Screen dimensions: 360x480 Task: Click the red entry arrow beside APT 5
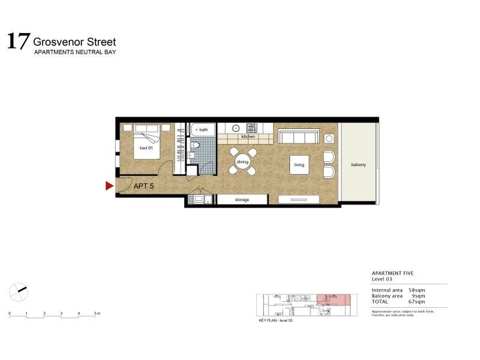pos(109,186)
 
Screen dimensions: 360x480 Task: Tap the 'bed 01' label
pos(146,148)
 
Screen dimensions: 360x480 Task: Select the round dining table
pos(242,162)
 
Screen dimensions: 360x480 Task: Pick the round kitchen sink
pos(236,128)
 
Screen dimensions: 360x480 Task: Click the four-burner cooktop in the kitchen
pos(252,128)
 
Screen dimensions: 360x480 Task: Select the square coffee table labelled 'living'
pos(299,165)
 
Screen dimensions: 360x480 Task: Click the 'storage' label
pos(242,200)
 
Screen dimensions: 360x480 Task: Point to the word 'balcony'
pos(358,165)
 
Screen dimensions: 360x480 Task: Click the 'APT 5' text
pos(143,186)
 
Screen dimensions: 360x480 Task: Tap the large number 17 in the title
pos(17,42)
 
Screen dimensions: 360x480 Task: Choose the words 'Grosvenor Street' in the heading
pos(74,42)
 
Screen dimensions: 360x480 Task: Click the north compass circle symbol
pos(19,292)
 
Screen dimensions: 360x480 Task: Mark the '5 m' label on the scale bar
pos(97,314)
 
